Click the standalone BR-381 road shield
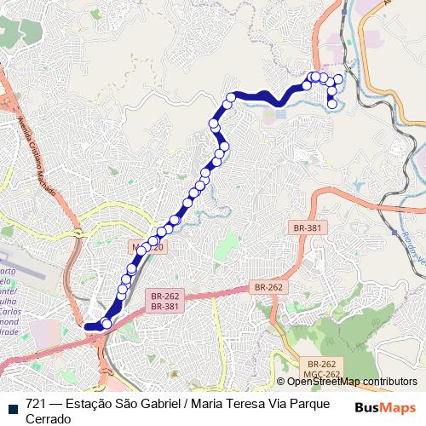(x=307, y=228)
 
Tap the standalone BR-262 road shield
(x=268, y=288)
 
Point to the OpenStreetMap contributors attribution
(x=352, y=381)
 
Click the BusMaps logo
(x=386, y=406)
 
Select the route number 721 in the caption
(x=36, y=403)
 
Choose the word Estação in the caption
(x=91, y=403)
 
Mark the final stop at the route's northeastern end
(x=331, y=105)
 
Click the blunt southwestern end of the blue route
(x=87, y=325)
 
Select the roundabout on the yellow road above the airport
(x=78, y=232)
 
